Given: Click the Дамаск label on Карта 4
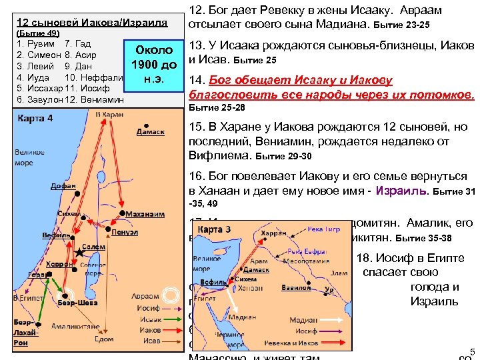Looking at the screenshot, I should coord(151,132).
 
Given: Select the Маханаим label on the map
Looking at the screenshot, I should coord(146,214).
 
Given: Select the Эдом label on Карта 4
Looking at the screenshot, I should coord(104,339).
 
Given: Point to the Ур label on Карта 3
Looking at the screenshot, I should coord(328,289).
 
